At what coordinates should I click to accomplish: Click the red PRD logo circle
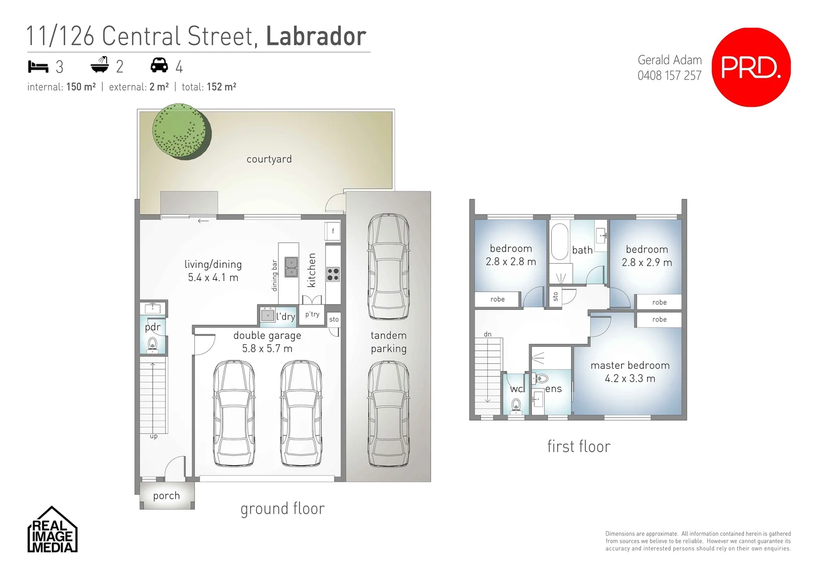751,68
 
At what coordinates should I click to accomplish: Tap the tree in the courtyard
182,131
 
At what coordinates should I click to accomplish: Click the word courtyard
269,159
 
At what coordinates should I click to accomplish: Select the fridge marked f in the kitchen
333,231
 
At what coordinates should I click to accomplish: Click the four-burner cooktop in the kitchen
333,274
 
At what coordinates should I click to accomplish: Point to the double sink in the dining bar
291,267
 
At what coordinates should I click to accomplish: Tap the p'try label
312,314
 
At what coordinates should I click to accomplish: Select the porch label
167,496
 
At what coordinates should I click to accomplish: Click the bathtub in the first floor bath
559,242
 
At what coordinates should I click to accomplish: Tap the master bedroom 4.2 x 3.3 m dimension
630,378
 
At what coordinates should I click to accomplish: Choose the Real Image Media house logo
52,529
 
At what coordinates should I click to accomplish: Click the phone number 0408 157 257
670,76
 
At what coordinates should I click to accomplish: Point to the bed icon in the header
38,66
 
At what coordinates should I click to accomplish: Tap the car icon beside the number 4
159,65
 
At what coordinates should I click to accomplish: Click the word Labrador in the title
316,36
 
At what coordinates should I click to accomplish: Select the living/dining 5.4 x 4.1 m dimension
213,277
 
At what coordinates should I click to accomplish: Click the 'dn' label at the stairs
487,334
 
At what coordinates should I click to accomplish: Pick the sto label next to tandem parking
334,319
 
